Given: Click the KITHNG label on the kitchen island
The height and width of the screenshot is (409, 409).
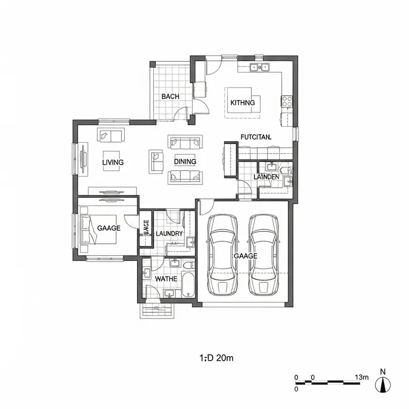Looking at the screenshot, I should (242, 103).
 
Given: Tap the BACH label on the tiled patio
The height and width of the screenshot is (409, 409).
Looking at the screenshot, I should (170, 97).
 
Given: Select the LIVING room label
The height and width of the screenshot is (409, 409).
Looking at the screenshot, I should (113, 163).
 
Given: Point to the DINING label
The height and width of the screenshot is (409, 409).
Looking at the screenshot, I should (185, 162).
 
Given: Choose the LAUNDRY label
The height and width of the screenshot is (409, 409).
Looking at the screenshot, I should (169, 234).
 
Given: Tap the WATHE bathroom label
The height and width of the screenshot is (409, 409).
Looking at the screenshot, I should (166, 279).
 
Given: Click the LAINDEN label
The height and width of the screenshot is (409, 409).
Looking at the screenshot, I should (266, 177).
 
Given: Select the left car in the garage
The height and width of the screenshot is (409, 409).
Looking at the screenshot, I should (222, 254).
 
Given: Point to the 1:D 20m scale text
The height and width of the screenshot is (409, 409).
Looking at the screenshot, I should (215, 358).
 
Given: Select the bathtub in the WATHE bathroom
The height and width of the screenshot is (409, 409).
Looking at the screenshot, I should (188, 284).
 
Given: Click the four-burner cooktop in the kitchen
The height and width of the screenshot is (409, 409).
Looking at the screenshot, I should (287, 101).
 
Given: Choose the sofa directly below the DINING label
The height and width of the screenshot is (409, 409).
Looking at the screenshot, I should (185, 177).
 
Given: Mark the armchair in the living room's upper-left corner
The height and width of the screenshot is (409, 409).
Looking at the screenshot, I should (110, 135).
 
